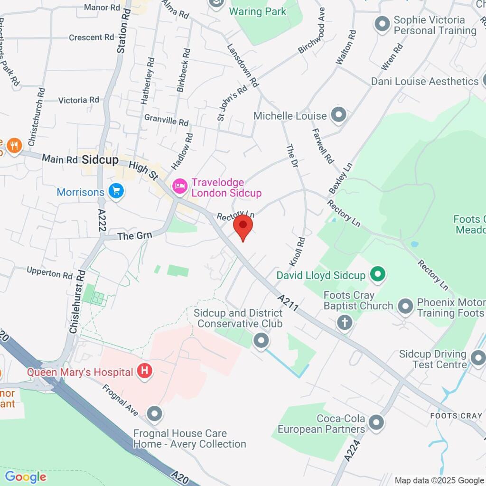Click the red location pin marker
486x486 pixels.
[243, 227]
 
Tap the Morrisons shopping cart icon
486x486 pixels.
[116, 192]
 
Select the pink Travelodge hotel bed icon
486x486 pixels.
[179, 186]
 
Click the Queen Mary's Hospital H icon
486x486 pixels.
[145, 371]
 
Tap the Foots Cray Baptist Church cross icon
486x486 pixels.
[345, 323]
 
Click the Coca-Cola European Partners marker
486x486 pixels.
[376, 422]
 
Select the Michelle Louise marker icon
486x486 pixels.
[339, 115]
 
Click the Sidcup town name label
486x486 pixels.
[100, 160]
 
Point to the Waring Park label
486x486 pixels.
[258, 11]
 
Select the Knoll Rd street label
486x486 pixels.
[298, 252]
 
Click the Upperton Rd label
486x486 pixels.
[49, 274]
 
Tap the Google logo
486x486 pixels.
[26, 477]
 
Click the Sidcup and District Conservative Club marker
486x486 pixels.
[260, 340]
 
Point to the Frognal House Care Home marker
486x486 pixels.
[154, 414]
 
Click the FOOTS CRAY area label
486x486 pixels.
[456, 416]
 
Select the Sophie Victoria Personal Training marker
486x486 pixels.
[382, 24]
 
